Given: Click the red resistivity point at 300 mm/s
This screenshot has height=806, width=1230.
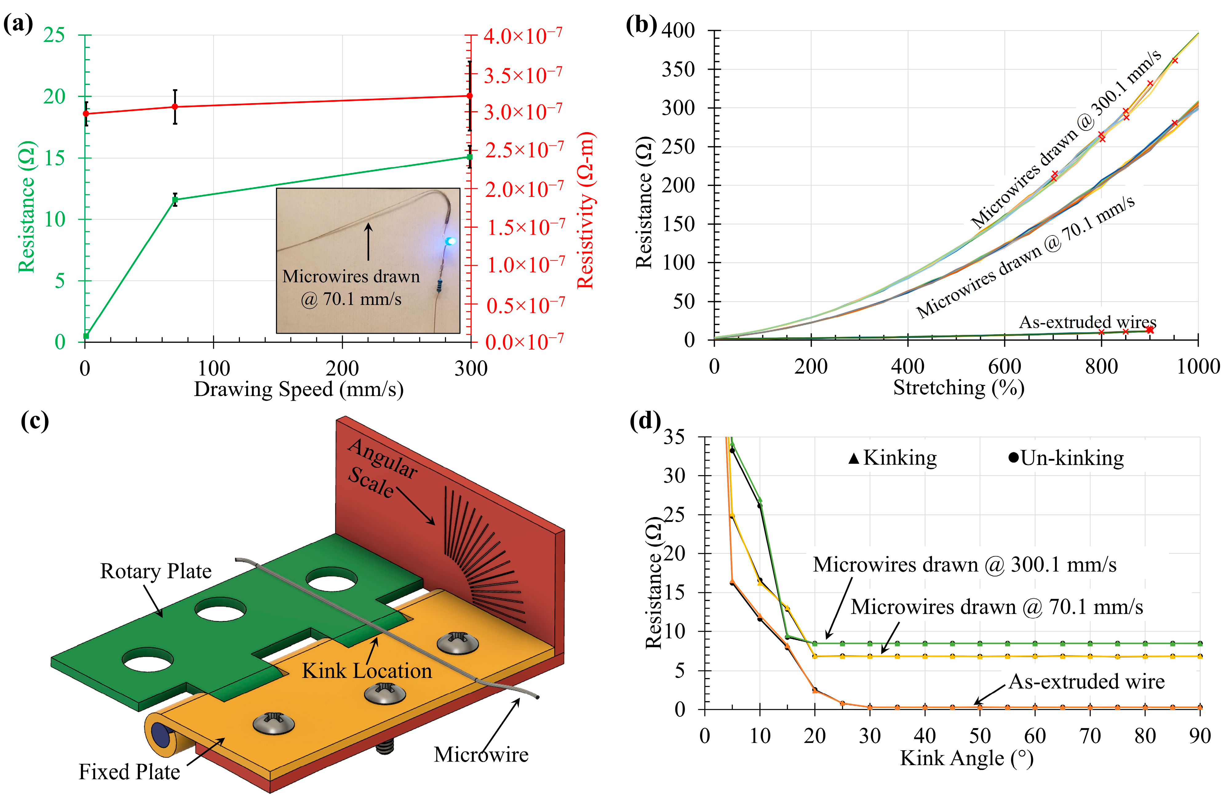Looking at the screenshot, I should (469, 96).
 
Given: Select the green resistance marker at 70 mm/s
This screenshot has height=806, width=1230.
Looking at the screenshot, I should (175, 199).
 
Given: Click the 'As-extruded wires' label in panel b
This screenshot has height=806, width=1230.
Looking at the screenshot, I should (1087, 322).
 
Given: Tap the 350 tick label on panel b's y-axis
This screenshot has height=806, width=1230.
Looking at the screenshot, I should (678, 69).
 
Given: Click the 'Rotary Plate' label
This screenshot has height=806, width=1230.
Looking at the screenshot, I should (156, 571).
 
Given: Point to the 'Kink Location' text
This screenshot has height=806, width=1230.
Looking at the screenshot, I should (367, 671).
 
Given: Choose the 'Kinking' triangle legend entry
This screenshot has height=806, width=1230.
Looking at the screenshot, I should (893, 458).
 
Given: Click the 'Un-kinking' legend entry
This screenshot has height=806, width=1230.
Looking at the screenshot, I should (1066, 458).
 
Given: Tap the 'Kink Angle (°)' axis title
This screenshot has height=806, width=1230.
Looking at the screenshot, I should (966, 758).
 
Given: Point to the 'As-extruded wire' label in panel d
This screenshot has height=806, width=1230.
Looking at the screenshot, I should (1087, 681).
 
